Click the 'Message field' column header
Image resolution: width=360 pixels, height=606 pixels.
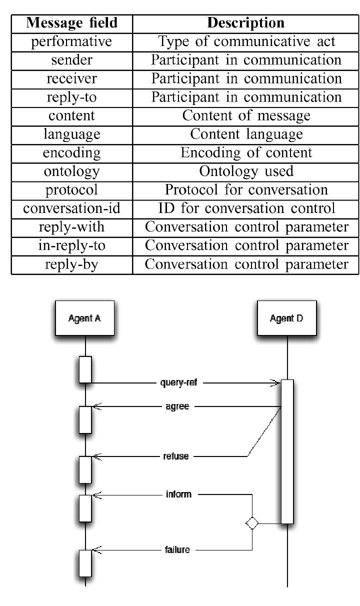(x=71, y=22)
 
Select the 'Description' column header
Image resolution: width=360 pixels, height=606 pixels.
(x=245, y=22)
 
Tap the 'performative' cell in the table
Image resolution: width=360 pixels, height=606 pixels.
(x=71, y=41)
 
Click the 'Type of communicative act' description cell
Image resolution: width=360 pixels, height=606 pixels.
(x=245, y=41)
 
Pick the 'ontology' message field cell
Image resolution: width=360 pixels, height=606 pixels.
(x=71, y=171)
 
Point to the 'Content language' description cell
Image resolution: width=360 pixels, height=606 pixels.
(x=245, y=134)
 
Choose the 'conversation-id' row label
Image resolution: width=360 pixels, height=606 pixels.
(x=71, y=208)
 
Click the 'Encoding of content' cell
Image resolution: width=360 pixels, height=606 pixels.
(x=245, y=152)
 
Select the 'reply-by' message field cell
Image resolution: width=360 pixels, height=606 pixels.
(x=71, y=264)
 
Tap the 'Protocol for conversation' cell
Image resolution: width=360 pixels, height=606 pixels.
(x=245, y=189)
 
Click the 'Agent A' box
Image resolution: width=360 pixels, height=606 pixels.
(x=84, y=318)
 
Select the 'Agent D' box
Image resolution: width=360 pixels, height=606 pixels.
(x=286, y=318)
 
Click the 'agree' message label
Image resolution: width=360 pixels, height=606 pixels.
(x=177, y=406)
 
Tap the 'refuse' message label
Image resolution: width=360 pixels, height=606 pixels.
(x=176, y=456)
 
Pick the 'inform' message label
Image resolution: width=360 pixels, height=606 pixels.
(x=178, y=494)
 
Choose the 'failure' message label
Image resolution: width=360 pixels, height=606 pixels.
(x=177, y=549)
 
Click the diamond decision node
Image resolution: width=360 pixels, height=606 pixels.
(x=251, y=523)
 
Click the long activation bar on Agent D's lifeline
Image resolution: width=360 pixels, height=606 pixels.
(x=287, y=451)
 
